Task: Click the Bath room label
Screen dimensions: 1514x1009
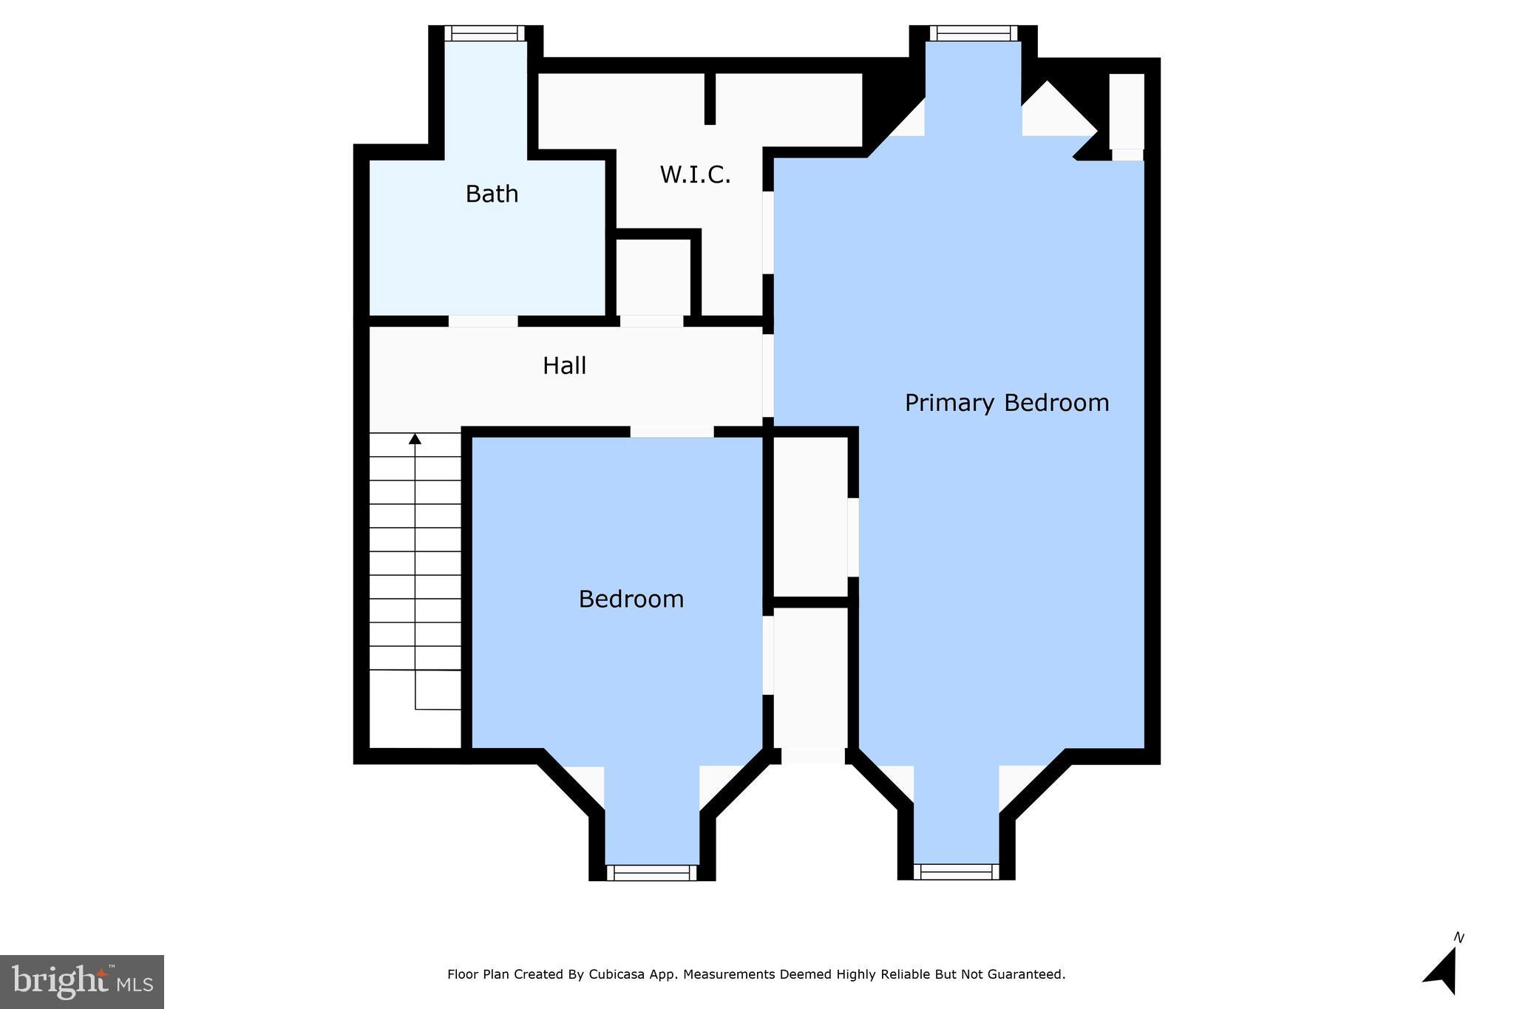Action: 492,194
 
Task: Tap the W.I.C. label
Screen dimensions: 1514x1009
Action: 695,175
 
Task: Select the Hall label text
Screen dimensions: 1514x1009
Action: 564,366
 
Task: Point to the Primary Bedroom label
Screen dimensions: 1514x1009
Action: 1007,403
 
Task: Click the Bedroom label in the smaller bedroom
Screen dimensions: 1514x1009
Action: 631,599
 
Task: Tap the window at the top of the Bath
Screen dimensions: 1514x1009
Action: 484,33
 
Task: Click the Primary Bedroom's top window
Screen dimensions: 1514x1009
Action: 973,33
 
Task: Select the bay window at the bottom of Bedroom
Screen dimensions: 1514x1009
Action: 652,873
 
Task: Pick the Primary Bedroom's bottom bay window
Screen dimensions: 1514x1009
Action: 956,872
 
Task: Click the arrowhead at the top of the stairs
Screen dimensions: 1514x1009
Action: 415,439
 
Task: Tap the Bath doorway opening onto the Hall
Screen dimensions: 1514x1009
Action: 483,322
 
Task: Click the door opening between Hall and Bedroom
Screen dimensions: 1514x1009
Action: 672,432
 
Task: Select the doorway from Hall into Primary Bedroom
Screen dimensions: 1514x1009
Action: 768,376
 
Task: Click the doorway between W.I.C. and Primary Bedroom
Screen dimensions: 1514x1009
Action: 768,233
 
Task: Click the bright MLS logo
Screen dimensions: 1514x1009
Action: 82,982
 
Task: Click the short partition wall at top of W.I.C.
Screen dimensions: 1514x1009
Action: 710,98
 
